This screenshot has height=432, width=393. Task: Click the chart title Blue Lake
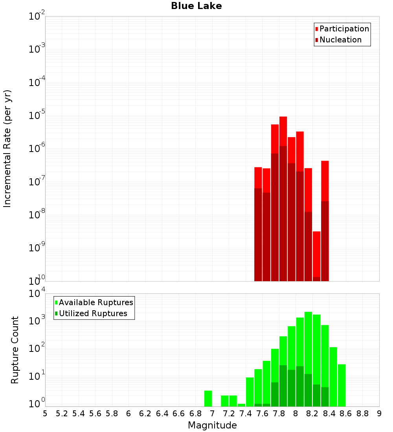click(196, 6)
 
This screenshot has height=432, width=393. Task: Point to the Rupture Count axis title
click(15, 350)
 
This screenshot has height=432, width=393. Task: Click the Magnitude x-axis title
click(212, 425)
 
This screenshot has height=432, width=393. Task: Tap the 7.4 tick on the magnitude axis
click(246, 414)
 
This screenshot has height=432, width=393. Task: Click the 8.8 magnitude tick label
click(362, 414)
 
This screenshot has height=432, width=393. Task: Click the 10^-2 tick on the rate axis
click(37, 16)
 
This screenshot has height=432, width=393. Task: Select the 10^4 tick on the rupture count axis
click(37, 293)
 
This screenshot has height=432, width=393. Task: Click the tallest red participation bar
click(283, 130)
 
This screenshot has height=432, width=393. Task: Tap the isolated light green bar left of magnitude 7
click(208, 398)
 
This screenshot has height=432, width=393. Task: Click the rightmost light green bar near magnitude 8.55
click(342, 385)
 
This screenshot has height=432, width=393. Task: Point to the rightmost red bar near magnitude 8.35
click(325, 181)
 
